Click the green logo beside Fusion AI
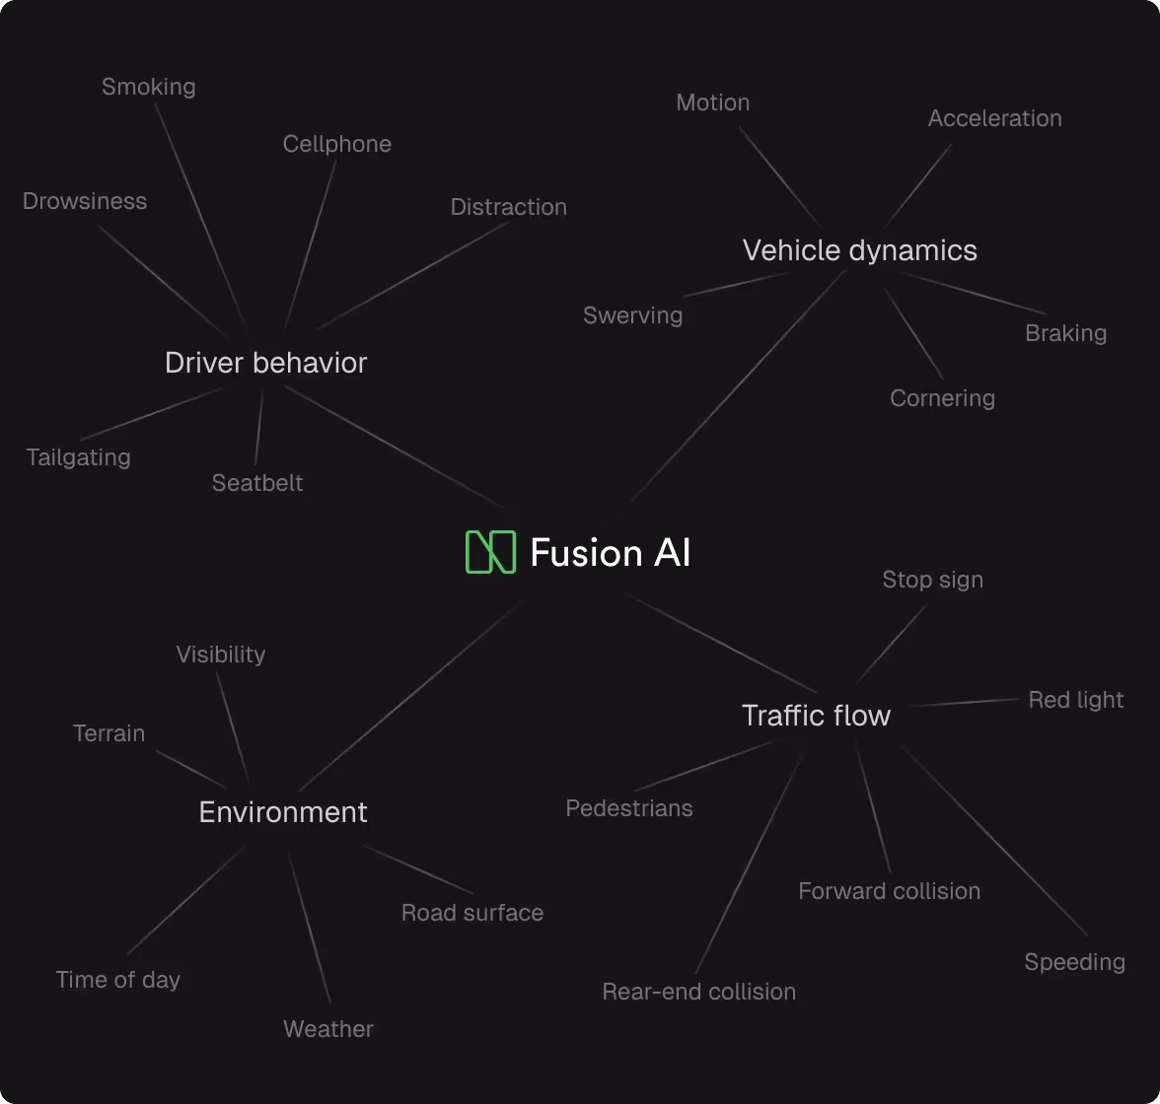point(490,552)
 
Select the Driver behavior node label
point(265,363)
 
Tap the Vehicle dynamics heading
point(859,250)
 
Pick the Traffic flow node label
point(816,716)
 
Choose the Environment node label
point(283,812)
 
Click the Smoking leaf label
point(149,87)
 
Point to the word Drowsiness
point(85,201)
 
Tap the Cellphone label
point(336,144)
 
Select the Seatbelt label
point(257,483)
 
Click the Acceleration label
point(994,118)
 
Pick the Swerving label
point(632,315)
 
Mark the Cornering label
point(942,398)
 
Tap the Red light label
point(1075,700)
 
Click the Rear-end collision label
point(698,992)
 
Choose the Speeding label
point(1074,962)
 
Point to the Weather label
point(327,1029)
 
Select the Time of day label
point(117,980)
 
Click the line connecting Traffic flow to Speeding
point(994,841)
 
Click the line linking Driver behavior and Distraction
point(414,276)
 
